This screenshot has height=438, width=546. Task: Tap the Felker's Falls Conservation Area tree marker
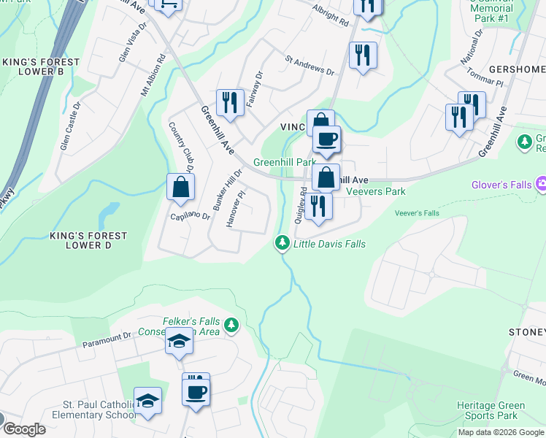point(231,324)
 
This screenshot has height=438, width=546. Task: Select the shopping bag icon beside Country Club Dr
point(180,187)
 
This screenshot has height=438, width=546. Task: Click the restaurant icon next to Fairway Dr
point(229,103)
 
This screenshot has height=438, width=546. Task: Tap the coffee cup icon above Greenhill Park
point(326,139)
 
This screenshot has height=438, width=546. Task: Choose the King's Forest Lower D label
point(88,241)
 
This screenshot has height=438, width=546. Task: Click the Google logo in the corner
point(23,429)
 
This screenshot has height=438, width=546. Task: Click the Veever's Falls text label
point(417,213)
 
